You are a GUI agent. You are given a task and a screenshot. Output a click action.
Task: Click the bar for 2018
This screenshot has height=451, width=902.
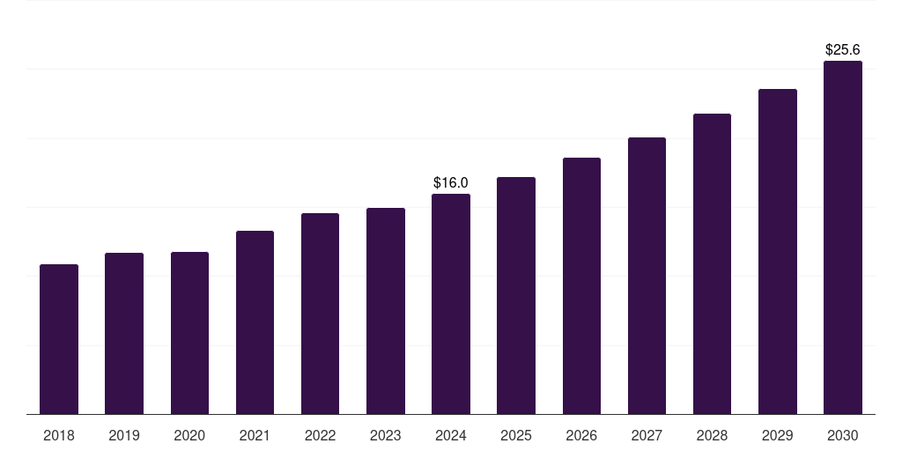pos(59,339)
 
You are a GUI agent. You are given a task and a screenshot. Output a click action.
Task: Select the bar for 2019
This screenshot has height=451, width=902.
pos(124,334)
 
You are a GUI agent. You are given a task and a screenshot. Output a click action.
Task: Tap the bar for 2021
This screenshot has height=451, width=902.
pos(255,322)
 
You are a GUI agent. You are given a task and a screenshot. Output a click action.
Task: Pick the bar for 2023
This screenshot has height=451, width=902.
pos(386,311)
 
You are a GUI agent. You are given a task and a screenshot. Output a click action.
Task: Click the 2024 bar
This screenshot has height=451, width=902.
pos(451,304)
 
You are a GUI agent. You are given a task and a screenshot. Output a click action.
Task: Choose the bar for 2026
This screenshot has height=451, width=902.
pos(581,286)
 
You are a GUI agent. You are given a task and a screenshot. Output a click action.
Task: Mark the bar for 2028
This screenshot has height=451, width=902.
pos(712,264)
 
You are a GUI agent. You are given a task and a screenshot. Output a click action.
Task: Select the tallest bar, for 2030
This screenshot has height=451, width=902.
pos(843,238)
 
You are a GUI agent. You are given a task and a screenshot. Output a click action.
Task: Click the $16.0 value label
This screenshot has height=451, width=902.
pos(451,182)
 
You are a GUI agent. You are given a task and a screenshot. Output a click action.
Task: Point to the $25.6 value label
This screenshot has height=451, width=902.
pos(843,50)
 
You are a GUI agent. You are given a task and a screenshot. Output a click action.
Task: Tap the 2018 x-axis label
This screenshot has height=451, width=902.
pos(59,435)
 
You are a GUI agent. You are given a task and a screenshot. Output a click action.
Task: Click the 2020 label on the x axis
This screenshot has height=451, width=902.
pos(189,435)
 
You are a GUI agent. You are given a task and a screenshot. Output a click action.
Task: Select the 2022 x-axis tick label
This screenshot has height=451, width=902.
pos(320,435)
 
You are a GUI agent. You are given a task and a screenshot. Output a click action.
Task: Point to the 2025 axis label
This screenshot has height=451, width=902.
pos(516,435)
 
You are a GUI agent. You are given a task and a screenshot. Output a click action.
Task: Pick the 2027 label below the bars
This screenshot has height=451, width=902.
pos(647,435)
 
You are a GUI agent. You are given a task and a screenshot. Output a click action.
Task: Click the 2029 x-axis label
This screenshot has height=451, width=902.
pos(777,435)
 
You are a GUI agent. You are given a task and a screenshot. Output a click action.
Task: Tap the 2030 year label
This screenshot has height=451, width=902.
pos(843,435)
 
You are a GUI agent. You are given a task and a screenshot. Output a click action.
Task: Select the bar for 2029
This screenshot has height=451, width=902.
pos(777,252)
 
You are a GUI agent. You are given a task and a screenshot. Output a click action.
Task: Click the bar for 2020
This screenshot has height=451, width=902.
pos(189,333)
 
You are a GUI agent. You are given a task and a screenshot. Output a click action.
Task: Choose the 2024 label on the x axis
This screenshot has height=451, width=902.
pos(451,435)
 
